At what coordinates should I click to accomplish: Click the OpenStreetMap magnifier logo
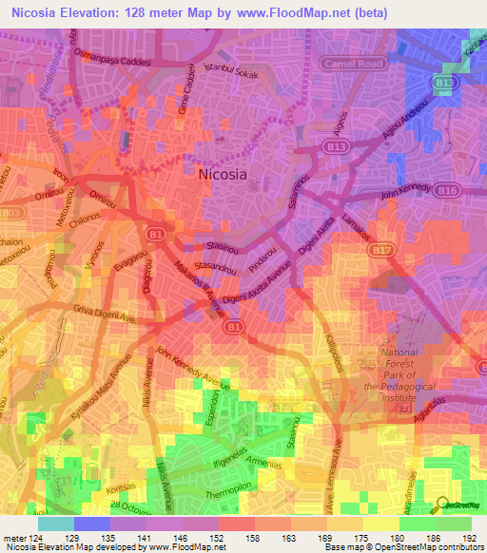tap(440, 504)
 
